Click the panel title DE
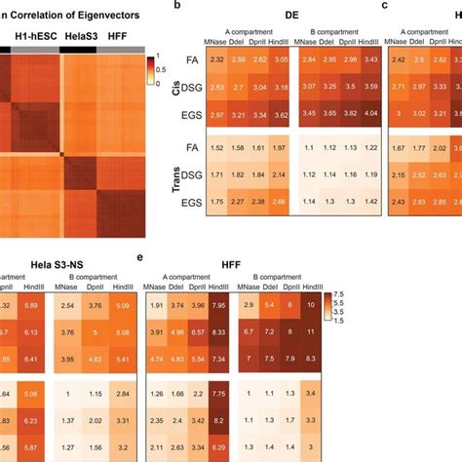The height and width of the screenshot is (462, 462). click(291, 17)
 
